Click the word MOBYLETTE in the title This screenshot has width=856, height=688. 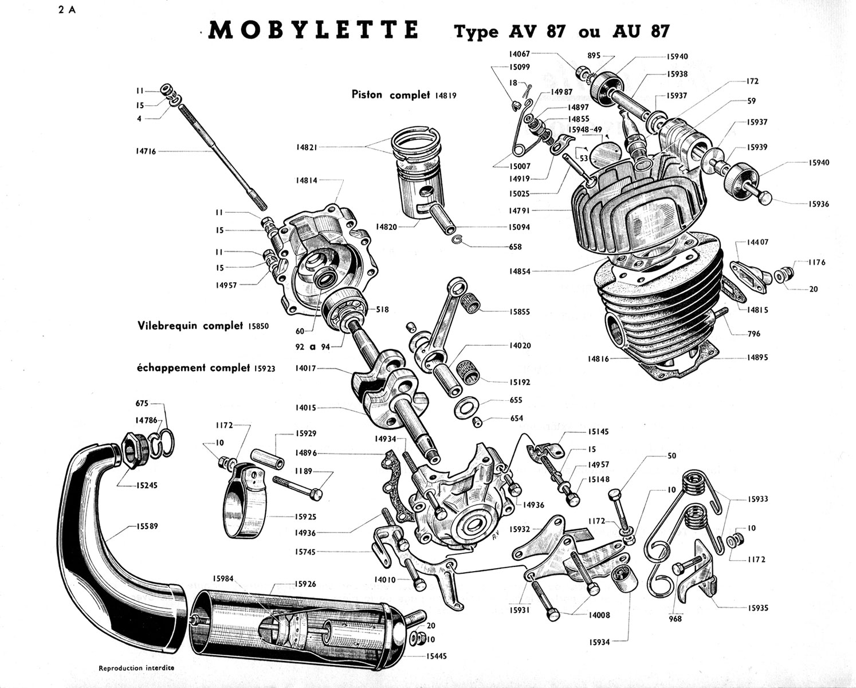(313, 30)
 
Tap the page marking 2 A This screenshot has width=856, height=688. (66, 9)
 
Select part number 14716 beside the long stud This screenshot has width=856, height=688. (146, 151)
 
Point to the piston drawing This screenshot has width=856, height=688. (418, 172)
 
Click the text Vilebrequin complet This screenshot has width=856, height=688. (190, 325)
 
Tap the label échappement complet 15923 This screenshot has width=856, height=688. (206, 368)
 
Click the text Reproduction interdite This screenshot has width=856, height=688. (136, 668)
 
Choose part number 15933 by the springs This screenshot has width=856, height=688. (757, 499)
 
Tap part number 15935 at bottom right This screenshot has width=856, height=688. (757, 608)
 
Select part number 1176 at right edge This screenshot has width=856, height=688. (816, 263)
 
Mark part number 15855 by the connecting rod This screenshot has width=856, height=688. (520, 312)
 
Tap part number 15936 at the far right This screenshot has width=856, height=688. (818, 204)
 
